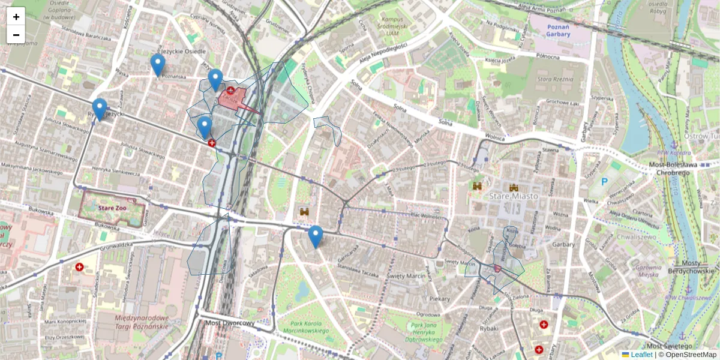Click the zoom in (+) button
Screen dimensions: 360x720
click(16, 16)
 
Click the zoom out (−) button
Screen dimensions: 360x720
click(16, 34)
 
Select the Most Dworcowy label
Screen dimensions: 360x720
click(230, 323)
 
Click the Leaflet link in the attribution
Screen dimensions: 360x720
click(641, 355)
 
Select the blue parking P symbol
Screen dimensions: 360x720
click(605, 181)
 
